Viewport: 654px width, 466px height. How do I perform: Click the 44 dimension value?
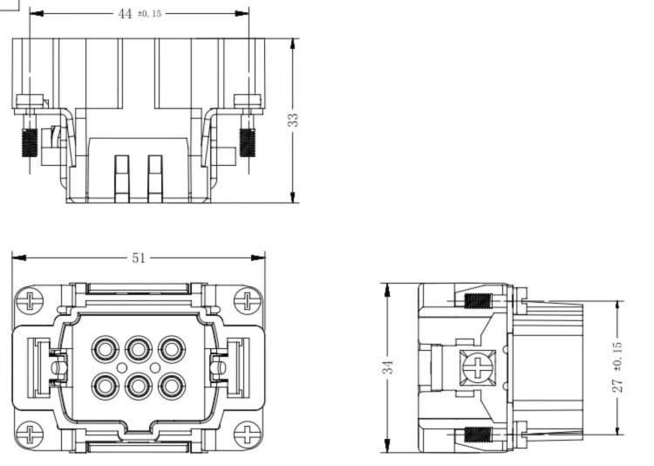[125, 14]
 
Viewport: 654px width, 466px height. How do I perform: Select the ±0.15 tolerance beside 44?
[149, 14]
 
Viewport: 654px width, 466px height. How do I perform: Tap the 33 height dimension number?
[294, 120]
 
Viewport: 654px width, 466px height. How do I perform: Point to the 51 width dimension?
[139, 258]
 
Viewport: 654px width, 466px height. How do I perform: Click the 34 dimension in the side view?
[388, 367]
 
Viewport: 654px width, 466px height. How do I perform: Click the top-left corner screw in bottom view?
[29, 301]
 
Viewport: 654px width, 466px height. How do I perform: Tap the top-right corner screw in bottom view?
[248, 301]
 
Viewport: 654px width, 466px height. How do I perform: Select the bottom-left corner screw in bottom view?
[29, 435]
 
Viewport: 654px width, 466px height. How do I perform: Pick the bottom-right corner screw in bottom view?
[248, 435]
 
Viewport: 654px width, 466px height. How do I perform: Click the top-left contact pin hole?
[105, 349]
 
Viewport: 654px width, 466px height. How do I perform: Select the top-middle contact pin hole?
[138, 349]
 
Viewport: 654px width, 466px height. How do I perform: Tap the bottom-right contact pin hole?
[172, 387]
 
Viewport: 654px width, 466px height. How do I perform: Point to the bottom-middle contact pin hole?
[138, 387]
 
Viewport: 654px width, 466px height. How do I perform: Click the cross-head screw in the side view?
[478, 368]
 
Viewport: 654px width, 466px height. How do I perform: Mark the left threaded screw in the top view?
[30, 142]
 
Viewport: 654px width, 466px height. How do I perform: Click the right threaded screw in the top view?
[248, 142]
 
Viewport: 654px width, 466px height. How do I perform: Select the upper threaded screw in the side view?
[478, 301]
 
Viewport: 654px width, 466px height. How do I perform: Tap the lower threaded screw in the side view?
[478, 435]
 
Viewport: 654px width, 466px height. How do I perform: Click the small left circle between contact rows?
[122, 368]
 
